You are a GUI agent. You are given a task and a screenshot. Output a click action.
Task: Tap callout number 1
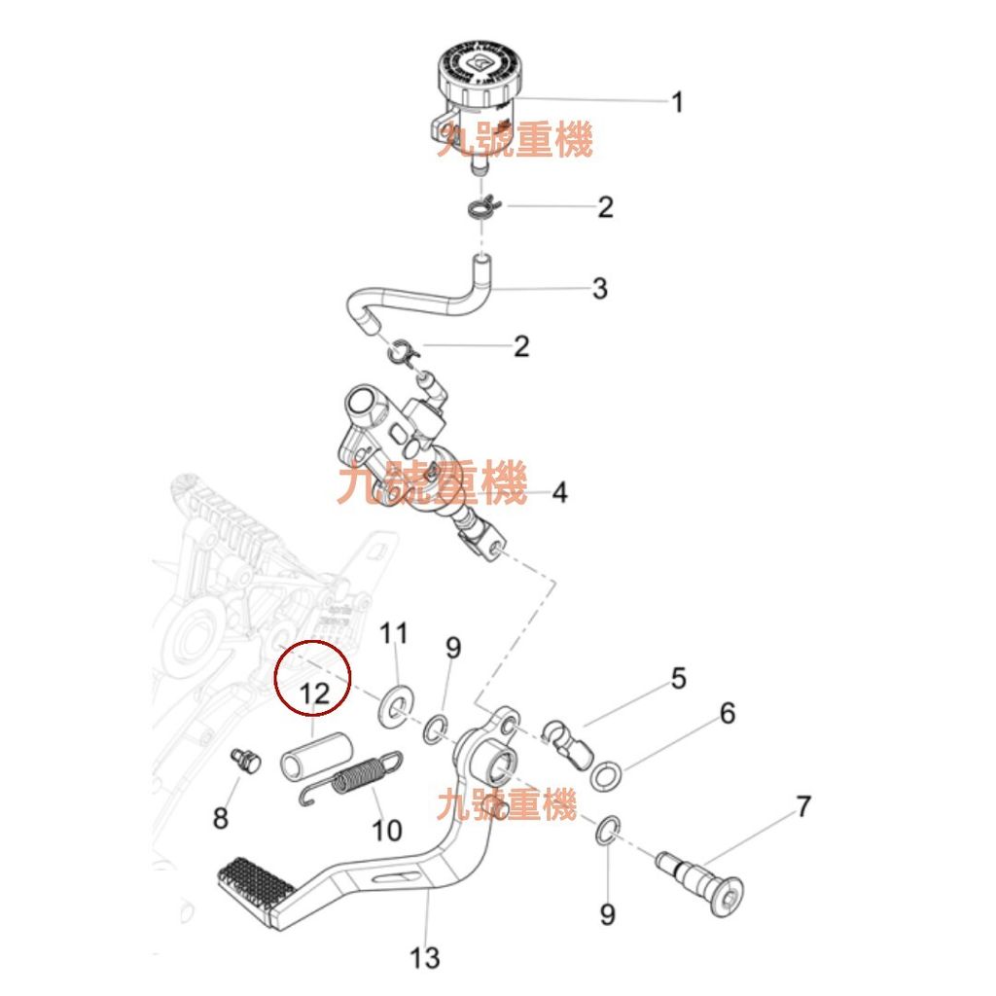(x=677, y=102)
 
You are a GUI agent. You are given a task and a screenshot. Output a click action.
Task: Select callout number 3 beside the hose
(x=599, y=288)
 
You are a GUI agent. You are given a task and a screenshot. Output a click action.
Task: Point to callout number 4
(x=559, y=492)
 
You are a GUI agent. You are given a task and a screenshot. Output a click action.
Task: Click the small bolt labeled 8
(x=245, y=761)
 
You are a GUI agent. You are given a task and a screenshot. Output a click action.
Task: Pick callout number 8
(x=221, y=817)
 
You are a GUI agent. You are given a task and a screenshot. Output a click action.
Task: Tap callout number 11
(x=394, y=633)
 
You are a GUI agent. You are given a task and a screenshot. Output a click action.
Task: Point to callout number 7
(x=803, y=806)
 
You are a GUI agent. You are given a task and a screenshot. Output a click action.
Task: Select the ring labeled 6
(x=606, y=775)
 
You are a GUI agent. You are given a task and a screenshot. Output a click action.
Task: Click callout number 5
(x=678, y=678)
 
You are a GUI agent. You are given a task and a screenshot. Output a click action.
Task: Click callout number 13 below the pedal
(x=424, y=958)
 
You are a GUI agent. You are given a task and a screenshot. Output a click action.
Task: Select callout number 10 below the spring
(x=386, y=831)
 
